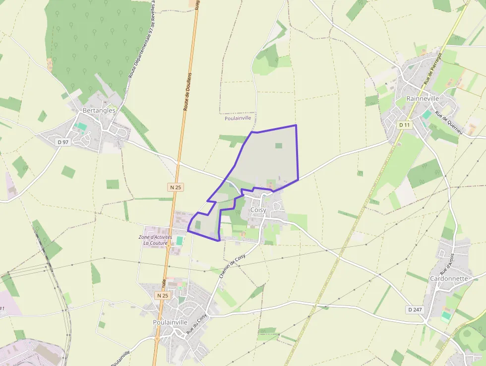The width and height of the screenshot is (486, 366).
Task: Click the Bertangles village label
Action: (99, 110)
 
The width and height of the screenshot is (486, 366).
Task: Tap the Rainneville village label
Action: (423, 98)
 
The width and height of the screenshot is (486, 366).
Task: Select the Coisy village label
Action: (258, 210)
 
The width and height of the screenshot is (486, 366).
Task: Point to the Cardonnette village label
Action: (449, 279)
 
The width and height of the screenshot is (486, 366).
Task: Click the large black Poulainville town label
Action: (170, 322)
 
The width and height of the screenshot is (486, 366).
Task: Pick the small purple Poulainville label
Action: (238, 118)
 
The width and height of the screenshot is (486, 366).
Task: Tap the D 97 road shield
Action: (62, 142)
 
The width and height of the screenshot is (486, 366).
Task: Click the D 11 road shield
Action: (405, 125)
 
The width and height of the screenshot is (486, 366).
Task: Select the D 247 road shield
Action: (415, 309)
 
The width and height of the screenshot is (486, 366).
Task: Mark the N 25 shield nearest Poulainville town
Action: (162, 295)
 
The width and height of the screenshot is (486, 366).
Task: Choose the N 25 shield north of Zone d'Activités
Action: (176, 187)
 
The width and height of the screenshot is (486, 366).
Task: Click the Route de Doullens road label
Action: (188, 91)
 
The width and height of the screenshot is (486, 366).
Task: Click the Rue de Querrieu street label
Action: (449, 123)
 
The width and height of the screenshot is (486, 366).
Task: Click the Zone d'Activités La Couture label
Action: (155, 240)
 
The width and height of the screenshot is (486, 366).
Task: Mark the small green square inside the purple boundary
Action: (279, 146)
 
